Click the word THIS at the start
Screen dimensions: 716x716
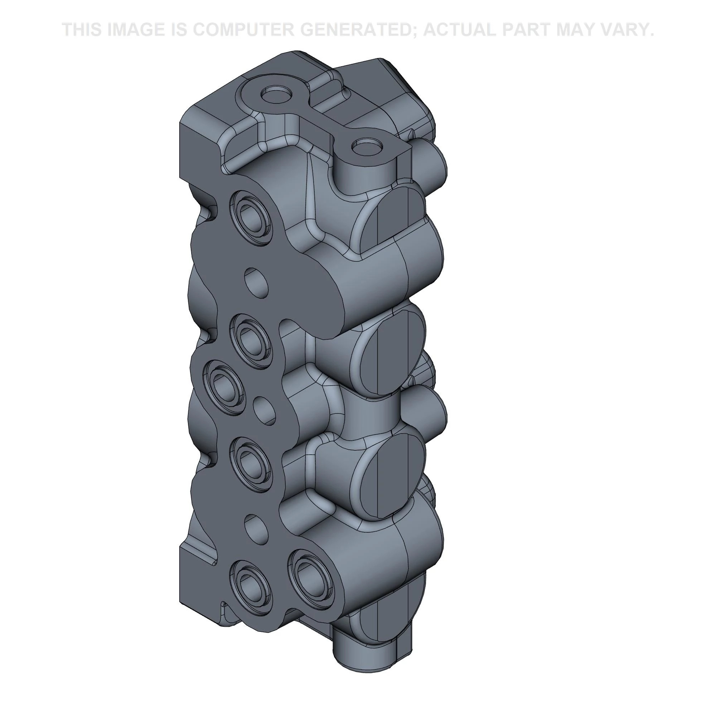click(82, 30)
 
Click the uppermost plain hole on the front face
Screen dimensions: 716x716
click(256, 282)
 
